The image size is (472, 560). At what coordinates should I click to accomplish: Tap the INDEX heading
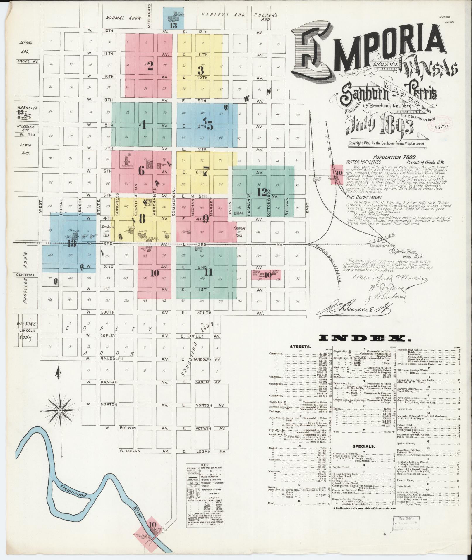coord(364,338)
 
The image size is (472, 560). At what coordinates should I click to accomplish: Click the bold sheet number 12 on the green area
coord(262,192)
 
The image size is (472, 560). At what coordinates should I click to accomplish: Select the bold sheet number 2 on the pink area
coord(150,67)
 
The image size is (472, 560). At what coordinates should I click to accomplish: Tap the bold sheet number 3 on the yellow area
coord(201,70)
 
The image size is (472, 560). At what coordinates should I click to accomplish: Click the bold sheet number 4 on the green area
coord(143,125)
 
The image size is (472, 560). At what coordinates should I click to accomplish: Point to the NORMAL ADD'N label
coord(123,18)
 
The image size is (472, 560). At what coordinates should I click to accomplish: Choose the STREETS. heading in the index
coord(300,347)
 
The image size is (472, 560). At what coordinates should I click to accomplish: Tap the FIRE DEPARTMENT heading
coord(364,197)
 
